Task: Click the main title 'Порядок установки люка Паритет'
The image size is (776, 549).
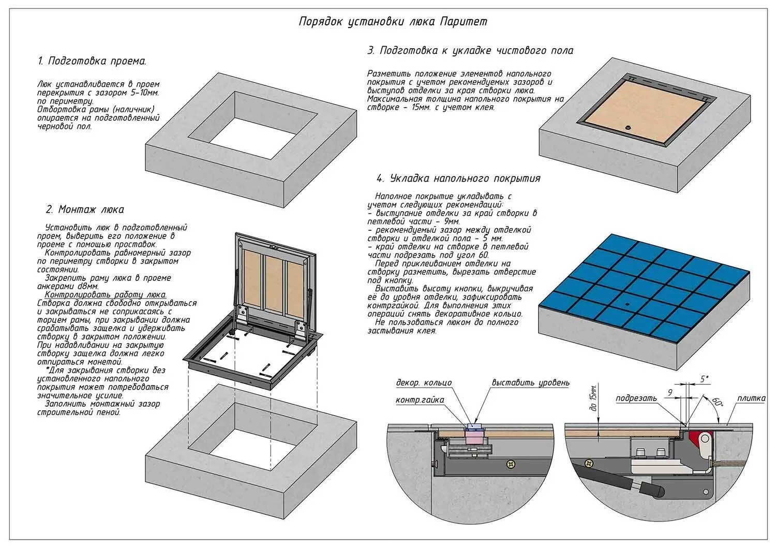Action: pyautogui.click(x=393, y=22)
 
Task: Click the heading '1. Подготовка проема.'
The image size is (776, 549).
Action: pyautogui.click(x=93, y=61)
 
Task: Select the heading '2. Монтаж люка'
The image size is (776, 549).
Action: pyautogui.click(x=85, y=210)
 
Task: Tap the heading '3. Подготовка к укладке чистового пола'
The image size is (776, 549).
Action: pyautogui.click(x=470, y=51)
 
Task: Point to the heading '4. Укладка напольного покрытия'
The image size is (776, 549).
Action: pyautogui.click(x=458, y=179)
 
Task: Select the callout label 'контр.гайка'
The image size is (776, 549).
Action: pyautogui.click(x=420, y=400)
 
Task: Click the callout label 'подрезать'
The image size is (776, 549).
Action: pyautogui.click(x=636, y=398)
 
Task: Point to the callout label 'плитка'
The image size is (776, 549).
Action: pyautogui.click(x=751, y=398)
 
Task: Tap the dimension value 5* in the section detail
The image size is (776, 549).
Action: pyautogui.click(x=705, y=379)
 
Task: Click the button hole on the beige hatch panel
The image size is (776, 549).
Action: pyautogui.click(x=629, y=127)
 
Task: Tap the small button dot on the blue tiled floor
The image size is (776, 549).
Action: pyautogui.click(x=626, y=303)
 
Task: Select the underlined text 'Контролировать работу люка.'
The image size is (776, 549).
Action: pyautogui.click(x=102, y=294)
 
